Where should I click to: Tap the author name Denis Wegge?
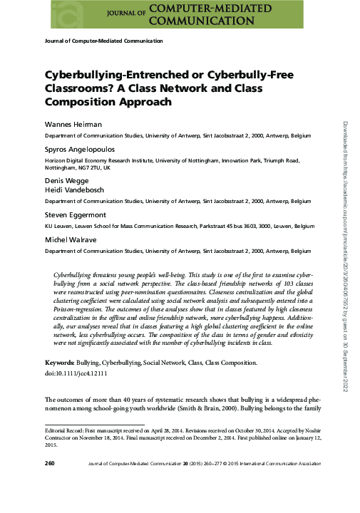64,182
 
